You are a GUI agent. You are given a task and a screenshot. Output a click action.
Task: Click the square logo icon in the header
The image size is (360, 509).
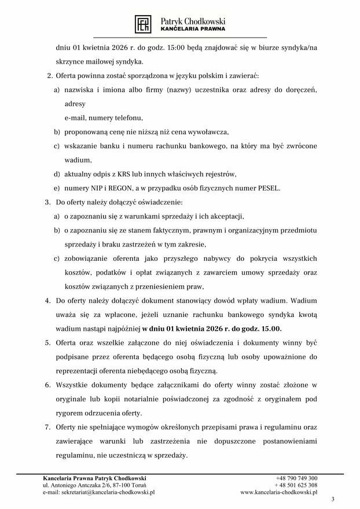click(x=143, y=24)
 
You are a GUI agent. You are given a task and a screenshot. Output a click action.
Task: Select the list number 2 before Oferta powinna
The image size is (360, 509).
click(x=49, y=76)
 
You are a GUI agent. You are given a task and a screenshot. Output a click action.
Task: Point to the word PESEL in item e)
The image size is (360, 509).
click(x=267, y=188)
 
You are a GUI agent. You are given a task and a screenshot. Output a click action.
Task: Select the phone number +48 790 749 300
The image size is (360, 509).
click(x=296, y=478)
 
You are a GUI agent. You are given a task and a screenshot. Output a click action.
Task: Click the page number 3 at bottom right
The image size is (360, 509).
click(x=332, y=499)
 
